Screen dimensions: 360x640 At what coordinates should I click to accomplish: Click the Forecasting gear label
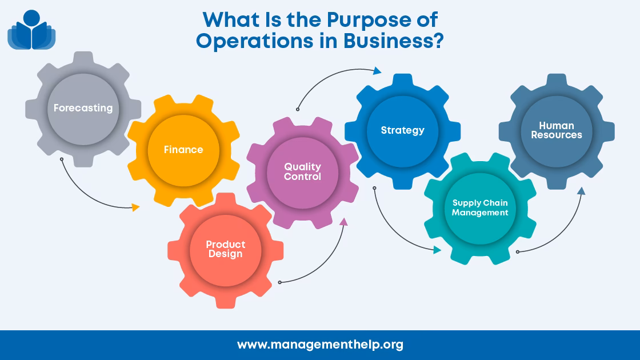tap(83, 108)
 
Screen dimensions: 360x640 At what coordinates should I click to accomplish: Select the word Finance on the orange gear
tap(183, 150)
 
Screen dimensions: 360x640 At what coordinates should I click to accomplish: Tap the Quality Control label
tap(303, 171)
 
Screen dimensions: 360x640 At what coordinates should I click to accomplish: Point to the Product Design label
tap(226, 249)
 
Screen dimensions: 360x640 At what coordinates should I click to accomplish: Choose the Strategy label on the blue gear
tap(403, 130)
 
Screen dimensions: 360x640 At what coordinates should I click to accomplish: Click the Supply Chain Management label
tap(480, 207)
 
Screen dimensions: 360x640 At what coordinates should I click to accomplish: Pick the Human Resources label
tap(557, 130)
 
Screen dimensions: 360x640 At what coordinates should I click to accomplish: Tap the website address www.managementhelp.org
tap(320, 345)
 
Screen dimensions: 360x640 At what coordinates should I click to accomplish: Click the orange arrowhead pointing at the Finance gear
tap(136, 207)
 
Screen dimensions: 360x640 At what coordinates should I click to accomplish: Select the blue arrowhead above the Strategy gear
tap(377, 71)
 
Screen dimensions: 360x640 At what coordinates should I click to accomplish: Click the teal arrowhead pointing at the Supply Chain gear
tap(437, 250)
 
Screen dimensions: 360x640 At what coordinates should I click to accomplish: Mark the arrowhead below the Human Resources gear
tap(581, 191)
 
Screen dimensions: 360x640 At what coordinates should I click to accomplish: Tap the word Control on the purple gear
tap(303, 177)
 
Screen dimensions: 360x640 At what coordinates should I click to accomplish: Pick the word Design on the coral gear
tap(226, 254)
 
